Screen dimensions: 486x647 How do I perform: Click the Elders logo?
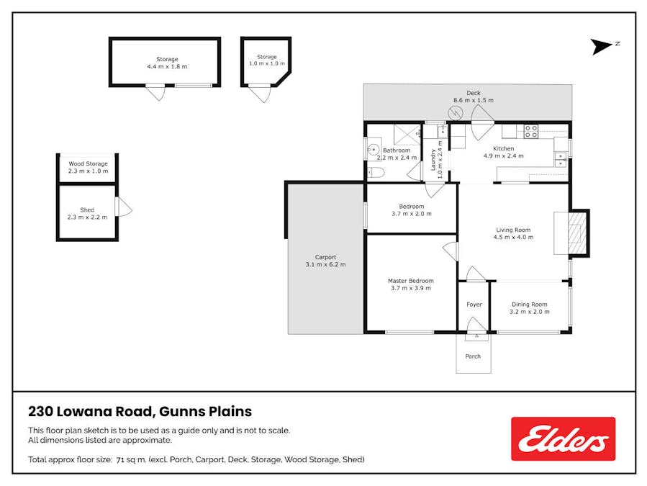tap(563, 438)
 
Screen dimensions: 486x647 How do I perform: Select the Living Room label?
tap(512, 230)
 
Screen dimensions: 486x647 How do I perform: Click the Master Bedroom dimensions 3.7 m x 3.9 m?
tap(410, 288)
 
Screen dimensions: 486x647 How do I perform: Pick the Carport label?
tap(325, 257)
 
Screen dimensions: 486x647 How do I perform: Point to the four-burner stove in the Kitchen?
tap(530, 131)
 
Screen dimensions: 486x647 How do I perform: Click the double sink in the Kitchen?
tap(559, 158)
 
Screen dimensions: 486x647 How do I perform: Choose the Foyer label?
tap(474, 305)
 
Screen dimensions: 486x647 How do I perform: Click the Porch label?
tap(473, 356)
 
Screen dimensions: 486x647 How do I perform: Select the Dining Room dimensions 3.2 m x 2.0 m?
tap(530, 312)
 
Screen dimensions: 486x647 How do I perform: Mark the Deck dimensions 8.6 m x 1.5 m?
tap(473, 100)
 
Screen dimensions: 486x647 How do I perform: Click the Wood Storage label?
tap(87, 163)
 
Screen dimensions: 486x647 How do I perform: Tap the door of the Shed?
tap(124, 208)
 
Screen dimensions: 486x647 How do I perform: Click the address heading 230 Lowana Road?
tap(140, 412)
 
